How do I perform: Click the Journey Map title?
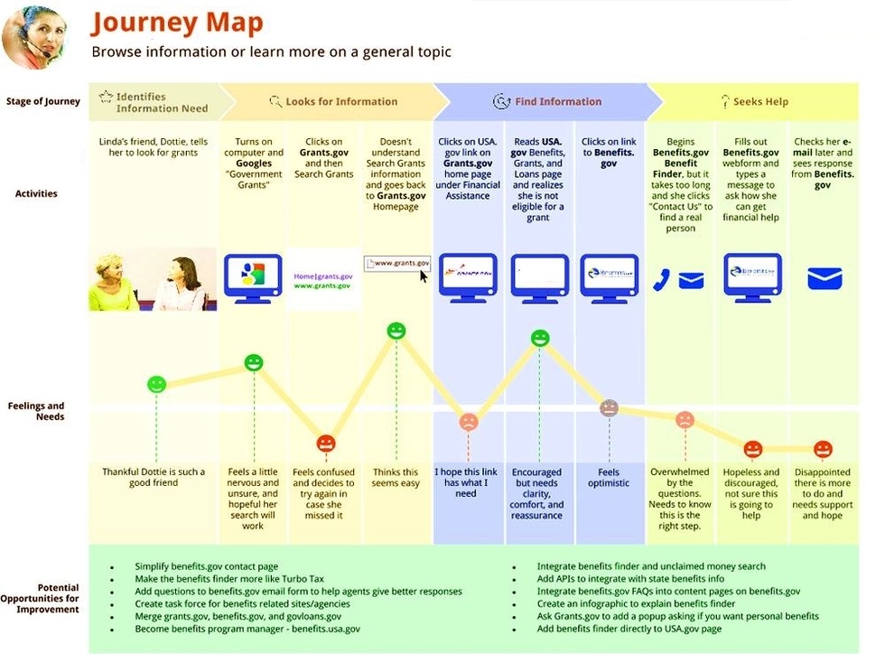(x=177, y=23)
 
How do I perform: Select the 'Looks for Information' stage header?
(x=340, y=101)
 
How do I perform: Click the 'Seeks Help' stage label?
(x=760, y=101)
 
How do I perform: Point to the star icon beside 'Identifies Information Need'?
(x=106, y=96)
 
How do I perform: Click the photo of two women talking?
(x=153, y=279)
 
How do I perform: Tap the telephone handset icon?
(x=662, y=280)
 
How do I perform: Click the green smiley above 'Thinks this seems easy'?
(x=396, y=331)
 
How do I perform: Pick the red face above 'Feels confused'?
(x=325, y=443)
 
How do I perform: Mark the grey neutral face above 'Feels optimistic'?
(x=609, y=407)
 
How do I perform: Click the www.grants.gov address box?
(x=397, y=263)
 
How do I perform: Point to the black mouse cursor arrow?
(x=424, y=275)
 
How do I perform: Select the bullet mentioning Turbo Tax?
(x=228, y=579)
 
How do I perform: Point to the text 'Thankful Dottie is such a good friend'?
(x=154, y=477)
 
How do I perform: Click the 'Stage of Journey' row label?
(x=42, y=101)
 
